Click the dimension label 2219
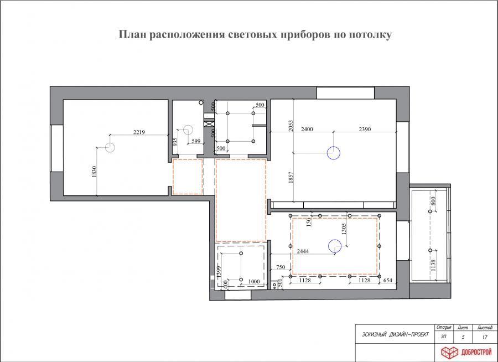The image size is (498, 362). coord(139,132)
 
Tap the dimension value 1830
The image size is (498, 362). coord(94,172)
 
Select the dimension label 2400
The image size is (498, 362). coord(307,130)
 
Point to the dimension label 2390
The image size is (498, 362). coord(365,130)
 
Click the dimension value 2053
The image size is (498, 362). coord(291,126)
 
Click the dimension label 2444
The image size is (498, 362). coord(303,251)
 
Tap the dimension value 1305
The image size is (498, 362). coord(344,229)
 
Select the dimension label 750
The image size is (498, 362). coord(281,267)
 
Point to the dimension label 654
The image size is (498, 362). coord(388,280)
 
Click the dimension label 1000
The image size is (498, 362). coord(254,281)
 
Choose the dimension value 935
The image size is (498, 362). coord(175,142)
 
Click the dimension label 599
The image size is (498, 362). coord(196,141)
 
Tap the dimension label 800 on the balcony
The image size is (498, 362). coord(433,201)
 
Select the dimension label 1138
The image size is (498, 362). coord(433,265)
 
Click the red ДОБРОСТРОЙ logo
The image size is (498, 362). coord(466,352)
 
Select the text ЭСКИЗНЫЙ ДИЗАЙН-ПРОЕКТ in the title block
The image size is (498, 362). coord(395,334)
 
